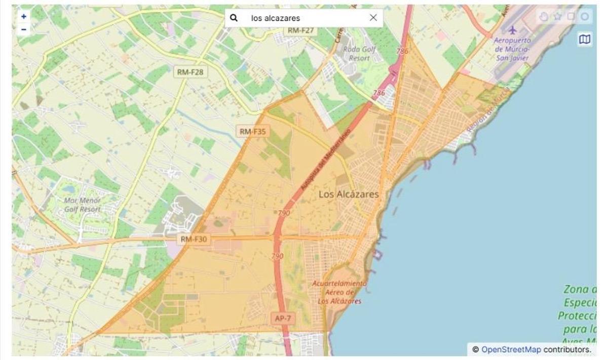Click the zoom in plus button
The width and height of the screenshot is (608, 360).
click(23, 16)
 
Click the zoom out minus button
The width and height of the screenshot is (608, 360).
click(23, 29)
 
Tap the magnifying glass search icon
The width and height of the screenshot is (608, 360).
click(234, 18)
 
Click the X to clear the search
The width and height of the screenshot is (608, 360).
click(373, 18)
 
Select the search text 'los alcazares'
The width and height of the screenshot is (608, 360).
click(276, 18)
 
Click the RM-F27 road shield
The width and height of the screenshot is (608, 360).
click(301, 30)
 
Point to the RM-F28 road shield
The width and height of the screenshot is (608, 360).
click(190, 72)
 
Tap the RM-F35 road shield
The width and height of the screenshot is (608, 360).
click(252, 132)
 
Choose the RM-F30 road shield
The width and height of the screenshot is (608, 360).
click(194, 239)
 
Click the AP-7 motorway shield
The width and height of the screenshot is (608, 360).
click(283, 318)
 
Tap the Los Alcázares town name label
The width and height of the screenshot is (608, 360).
click(349, 194)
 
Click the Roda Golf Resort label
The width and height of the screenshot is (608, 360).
click(359, 54)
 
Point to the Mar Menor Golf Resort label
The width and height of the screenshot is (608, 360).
click(82, 205)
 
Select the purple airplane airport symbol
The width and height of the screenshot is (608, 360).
click(512, 30)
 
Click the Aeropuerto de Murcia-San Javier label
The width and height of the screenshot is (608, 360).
click(512, 49)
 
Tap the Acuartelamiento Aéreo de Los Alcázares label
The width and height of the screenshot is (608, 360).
click(339, 292)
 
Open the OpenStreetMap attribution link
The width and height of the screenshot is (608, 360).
click(511, 349)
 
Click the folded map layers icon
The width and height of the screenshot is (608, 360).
click(585, 39)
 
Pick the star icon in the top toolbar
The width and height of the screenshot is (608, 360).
click(558, 17)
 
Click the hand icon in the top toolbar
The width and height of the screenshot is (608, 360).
click(544, 17)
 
